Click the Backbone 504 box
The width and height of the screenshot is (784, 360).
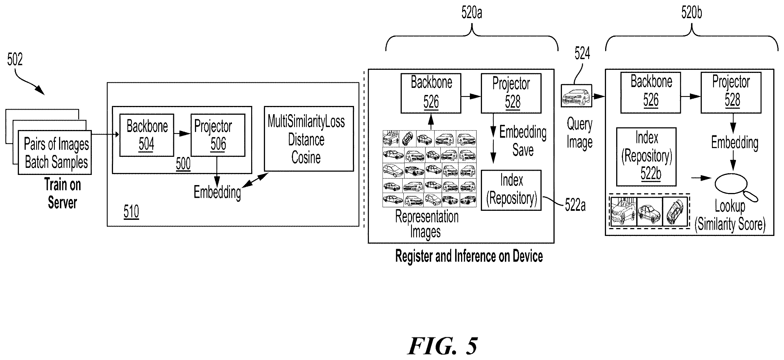click(x=147, y=135)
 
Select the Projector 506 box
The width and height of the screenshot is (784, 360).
click(x=218, y=135)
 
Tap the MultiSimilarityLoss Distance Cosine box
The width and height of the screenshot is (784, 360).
click(x=309, y=139)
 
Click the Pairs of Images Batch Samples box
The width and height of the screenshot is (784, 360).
click(x=55, y=153)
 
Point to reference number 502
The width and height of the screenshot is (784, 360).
click(x=15, y=59)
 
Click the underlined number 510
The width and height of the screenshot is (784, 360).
click(x=131, y=212)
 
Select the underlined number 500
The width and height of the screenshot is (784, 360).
click(x=183, y=164)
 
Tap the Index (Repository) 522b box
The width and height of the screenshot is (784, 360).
click(x=646, y=157)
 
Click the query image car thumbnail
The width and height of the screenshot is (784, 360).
click(x=576, y=96)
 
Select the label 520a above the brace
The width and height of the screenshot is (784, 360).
click(x=472, y=13)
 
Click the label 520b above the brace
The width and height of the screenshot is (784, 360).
click(x=692, y=13)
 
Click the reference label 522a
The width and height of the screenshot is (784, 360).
click(x=575, y=205)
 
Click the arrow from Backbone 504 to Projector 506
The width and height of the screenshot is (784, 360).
click(x=182, y=133)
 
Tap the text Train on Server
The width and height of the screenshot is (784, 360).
click(x=63, y=194)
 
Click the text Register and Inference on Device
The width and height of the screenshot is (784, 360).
click(x=469, y=256)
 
